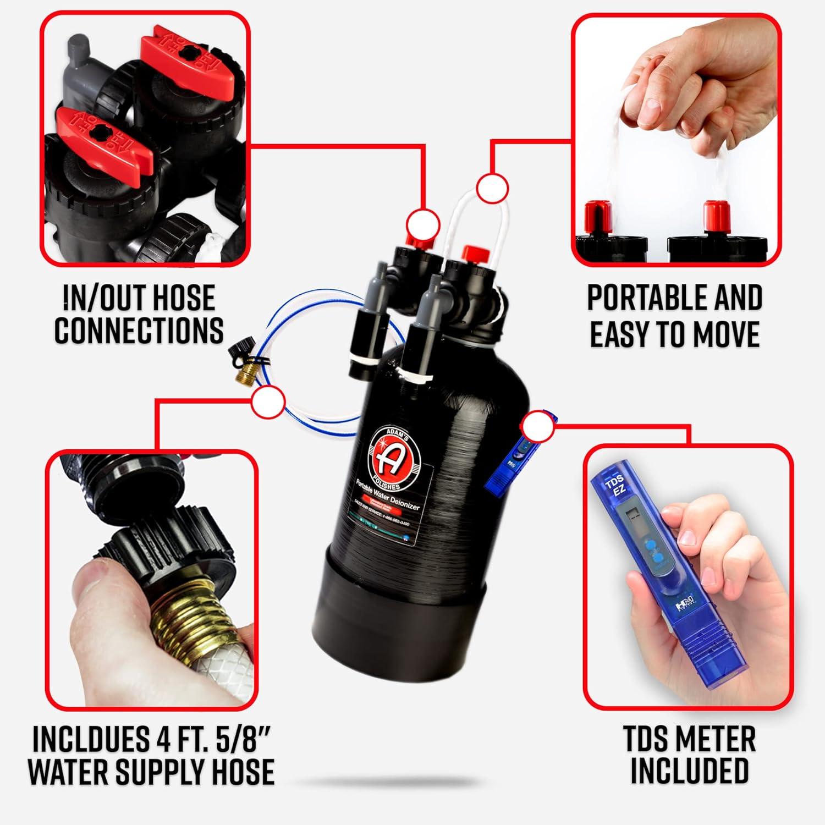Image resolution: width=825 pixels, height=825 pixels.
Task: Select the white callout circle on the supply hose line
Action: point(269,400)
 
